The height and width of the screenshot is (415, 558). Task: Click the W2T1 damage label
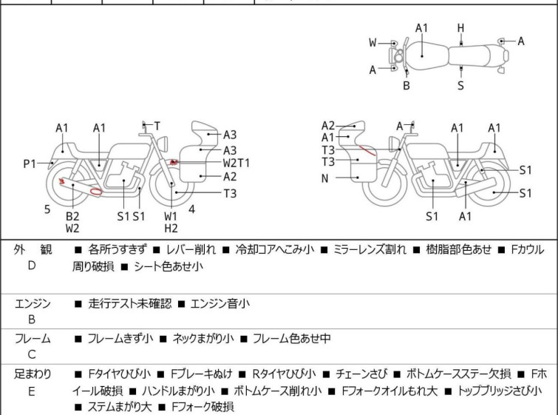point(237,163)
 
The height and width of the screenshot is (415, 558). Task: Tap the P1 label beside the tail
point(30,164)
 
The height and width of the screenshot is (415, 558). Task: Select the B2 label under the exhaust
point(72,216)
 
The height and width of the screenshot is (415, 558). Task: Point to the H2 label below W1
point(171,229)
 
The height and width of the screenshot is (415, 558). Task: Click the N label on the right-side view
point(324,178)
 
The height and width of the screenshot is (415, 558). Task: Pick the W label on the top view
point(372,43)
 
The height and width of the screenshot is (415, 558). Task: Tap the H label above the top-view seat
point(461,28)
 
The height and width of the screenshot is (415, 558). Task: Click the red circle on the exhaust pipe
point(96,192)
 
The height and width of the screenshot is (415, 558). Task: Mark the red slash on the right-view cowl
point(367,150)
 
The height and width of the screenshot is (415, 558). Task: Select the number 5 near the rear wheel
point(47,209)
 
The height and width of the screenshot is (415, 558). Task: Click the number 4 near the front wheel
point(192,209)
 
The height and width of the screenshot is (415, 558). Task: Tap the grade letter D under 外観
point(32,266)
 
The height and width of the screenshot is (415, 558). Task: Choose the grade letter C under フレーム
point(32,354)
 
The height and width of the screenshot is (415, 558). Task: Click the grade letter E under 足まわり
point(32,391)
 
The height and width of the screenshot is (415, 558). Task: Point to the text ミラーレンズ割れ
point(370,249)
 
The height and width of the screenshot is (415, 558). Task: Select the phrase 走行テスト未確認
point(130,303)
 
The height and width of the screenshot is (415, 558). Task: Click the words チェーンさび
point(361,374)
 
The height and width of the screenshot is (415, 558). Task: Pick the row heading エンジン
point(33,303)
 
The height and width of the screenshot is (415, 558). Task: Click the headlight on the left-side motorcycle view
point(163,144)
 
